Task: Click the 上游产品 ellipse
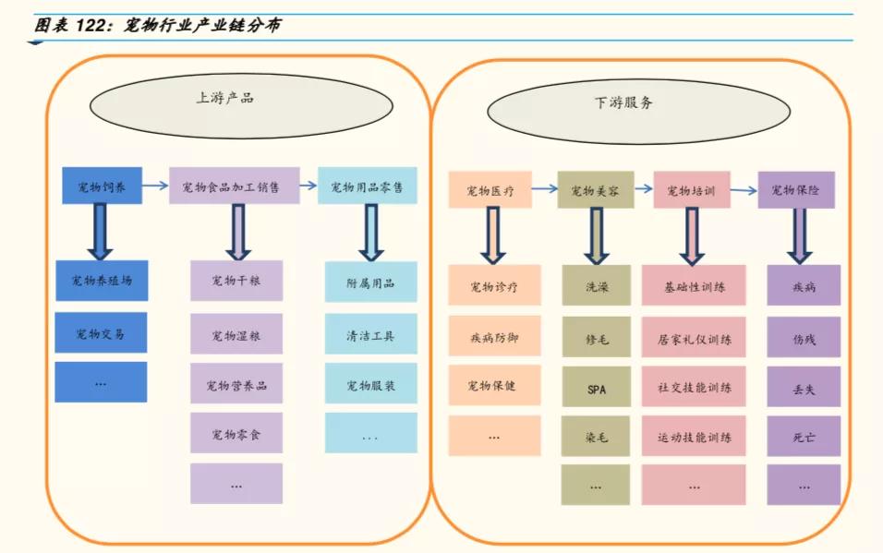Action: point(225,98)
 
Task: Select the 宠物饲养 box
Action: point(102,186)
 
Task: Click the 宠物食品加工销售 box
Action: point(235,186)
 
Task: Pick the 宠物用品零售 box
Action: point(367,186)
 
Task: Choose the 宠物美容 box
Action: point(595,191)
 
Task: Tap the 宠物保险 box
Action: point(795,190)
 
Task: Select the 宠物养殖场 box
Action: point(102,281)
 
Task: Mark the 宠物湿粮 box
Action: point(236,335)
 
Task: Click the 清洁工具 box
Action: point(370,335)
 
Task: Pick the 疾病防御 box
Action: point(494,338)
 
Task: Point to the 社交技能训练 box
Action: point(694,389)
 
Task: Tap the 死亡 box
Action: point(804,437)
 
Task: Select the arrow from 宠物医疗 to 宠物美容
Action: point(544,189)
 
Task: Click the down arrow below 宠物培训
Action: point(692,234)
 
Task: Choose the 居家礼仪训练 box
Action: point(694,339)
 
